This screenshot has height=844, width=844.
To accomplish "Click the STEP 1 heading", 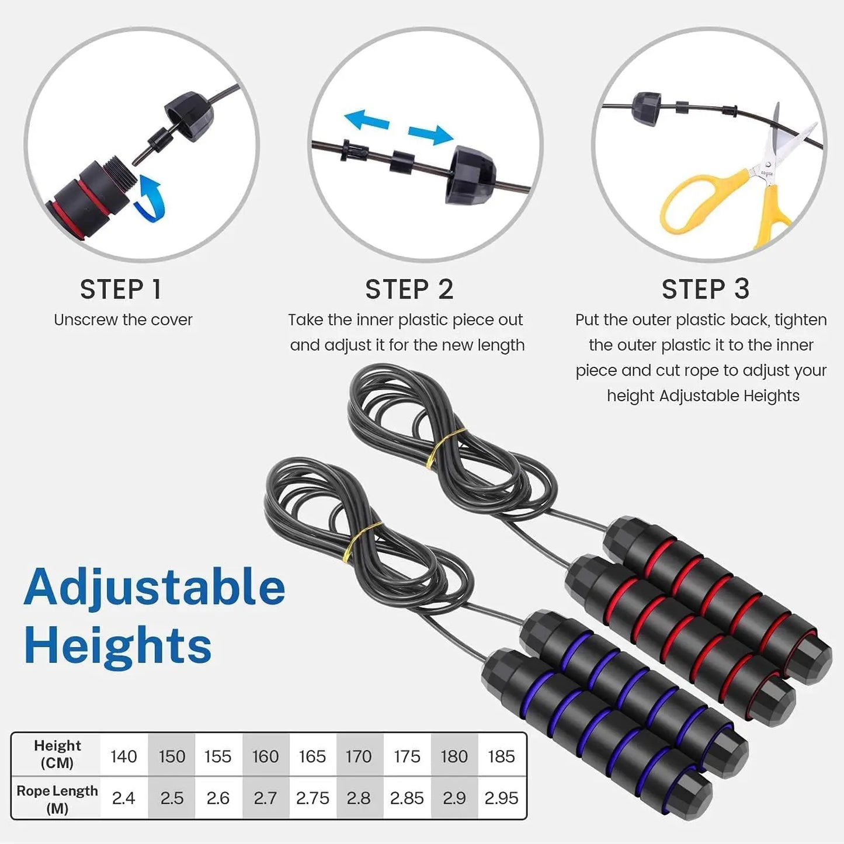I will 120,290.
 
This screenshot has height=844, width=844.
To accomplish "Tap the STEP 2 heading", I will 409,290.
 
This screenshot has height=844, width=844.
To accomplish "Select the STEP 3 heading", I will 705,289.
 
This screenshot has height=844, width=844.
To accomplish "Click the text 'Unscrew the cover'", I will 123,320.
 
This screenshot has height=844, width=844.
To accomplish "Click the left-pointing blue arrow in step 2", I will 366,120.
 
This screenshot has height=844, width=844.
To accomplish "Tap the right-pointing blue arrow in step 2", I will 431,134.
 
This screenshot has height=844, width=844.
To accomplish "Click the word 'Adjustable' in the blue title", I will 155,587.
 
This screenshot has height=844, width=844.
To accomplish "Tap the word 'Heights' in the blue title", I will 117,645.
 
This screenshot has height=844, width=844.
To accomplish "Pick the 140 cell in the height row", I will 123,756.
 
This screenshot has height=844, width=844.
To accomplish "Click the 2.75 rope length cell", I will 312,798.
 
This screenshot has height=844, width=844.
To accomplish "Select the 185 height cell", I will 501,756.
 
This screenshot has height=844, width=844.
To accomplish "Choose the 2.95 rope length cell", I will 501,798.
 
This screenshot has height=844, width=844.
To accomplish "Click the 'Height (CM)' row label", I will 57,754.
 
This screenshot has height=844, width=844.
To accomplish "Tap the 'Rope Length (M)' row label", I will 57,799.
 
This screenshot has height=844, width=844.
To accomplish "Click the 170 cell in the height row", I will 358,756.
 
